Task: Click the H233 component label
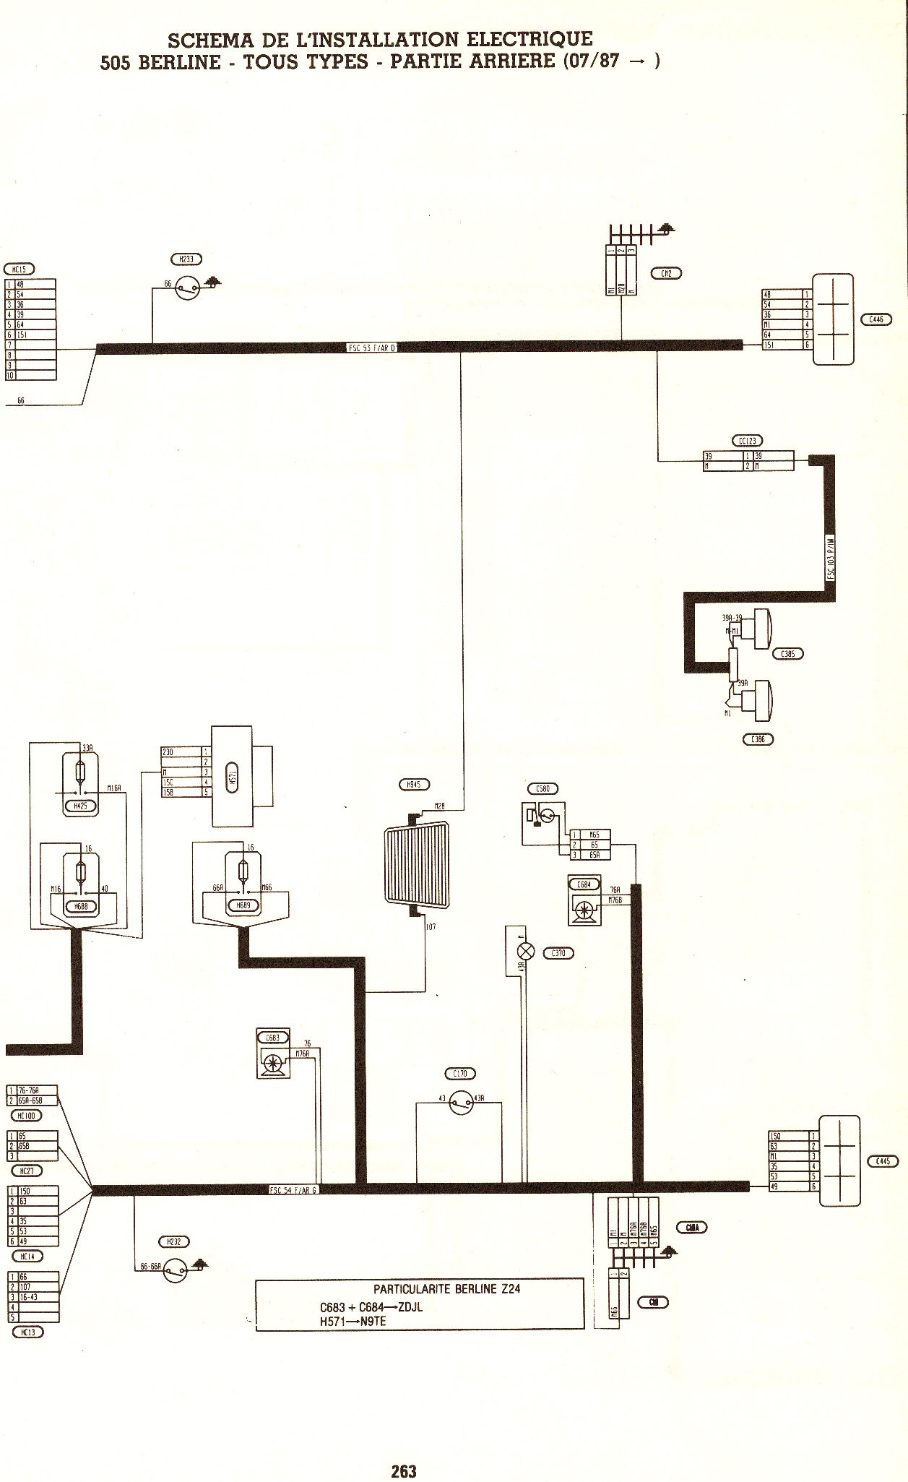coord(186,259)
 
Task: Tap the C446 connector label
coord(875,319)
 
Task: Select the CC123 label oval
coord(747,441)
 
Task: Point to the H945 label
coord(414,785)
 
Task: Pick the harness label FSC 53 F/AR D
coord(373,348)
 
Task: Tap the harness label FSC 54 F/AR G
coord(293,1190)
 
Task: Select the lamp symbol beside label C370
coord(527,952)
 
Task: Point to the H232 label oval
coord(173,1242)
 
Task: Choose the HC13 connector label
coord(28,1332)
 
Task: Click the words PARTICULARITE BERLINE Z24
coord(446,1289)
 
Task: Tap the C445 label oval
coord(883,1162)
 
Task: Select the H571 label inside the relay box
coord(233,777)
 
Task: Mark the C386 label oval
coord(758,739)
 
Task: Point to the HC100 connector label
coord(25,1115)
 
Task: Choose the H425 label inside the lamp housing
coord(80,806)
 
